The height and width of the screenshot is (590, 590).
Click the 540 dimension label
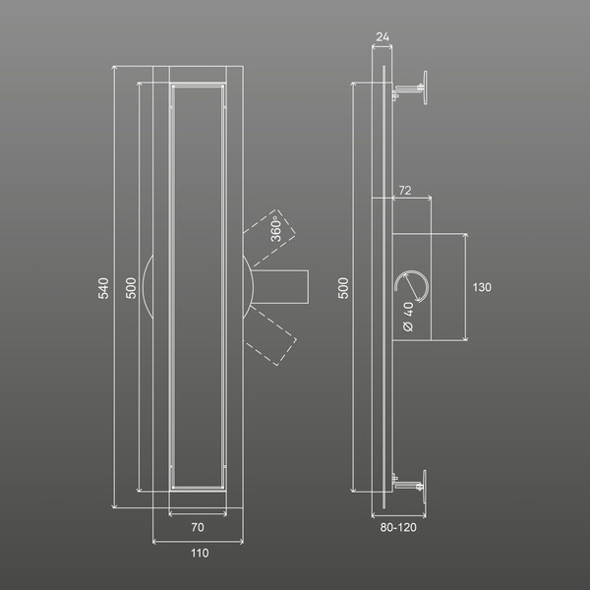(103, 288)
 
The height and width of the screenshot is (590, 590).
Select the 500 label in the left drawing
(131, 288)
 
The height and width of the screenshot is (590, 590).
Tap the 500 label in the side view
(343, 288)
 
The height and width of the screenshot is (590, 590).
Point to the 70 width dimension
(198, 527)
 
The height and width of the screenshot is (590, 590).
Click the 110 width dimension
(200, 553)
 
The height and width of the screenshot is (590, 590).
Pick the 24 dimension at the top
(383, 37)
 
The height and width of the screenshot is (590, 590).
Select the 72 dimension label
(405, 191)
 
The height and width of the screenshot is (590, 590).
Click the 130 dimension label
(482, 287)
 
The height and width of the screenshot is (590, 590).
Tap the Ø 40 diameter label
(408, 317)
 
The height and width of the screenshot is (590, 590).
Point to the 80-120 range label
(398, 527)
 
